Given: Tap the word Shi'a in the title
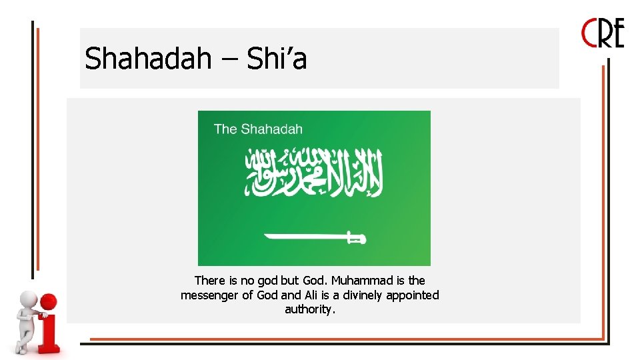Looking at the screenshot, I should click(277, 59).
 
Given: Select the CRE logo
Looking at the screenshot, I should click(603, 33).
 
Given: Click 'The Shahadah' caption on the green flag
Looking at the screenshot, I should click(258, 129).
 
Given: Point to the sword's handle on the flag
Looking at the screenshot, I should click(356, 237).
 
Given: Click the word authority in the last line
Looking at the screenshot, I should click(309, 309).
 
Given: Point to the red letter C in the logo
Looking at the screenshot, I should click(589, 33).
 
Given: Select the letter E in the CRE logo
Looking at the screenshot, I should click(617, 33).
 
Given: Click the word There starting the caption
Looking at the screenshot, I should click(210, 281).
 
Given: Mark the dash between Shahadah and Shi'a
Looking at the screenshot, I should click(229, 60).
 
